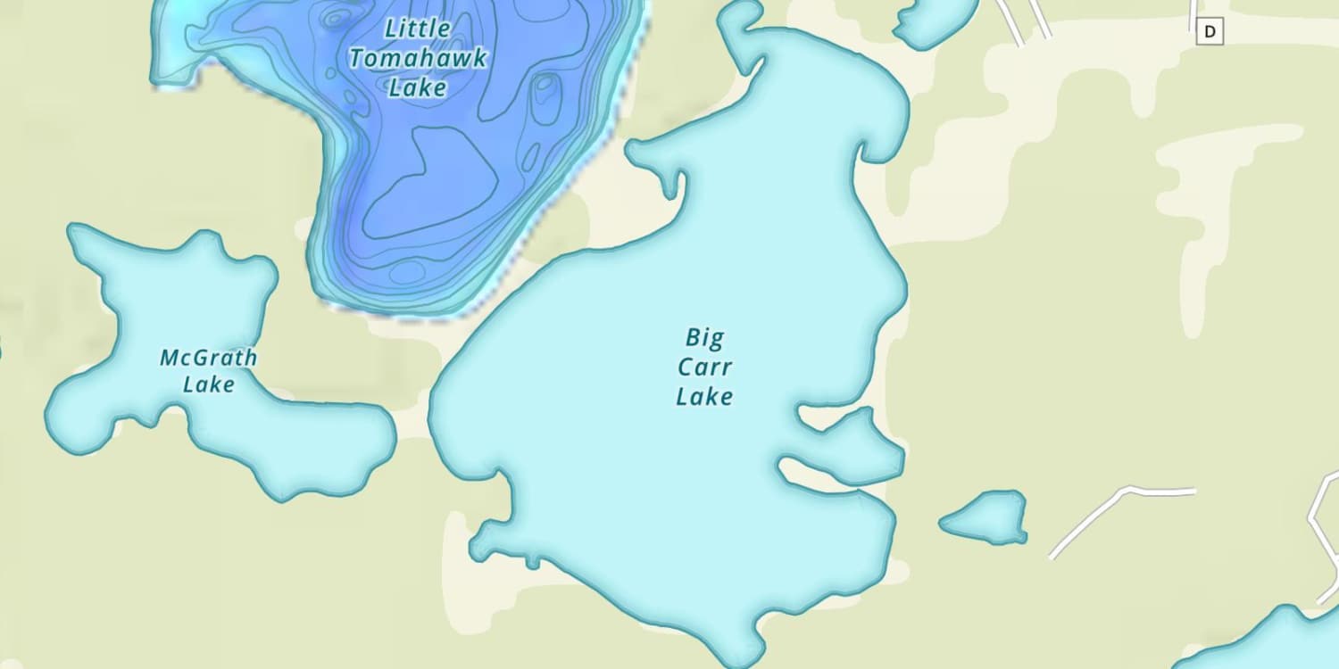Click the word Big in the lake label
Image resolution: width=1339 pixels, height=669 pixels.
705,338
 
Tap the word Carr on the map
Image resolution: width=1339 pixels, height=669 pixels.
704,367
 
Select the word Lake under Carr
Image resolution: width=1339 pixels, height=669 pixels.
704,397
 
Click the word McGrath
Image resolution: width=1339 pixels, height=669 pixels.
208,359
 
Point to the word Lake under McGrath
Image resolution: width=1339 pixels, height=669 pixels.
209,384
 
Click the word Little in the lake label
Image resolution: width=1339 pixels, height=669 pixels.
417,29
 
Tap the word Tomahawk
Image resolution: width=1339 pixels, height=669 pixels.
419,59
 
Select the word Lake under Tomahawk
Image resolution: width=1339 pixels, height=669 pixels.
418,87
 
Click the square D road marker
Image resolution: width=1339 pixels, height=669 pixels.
1210,32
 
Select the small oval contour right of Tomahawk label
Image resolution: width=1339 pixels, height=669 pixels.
545,98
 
